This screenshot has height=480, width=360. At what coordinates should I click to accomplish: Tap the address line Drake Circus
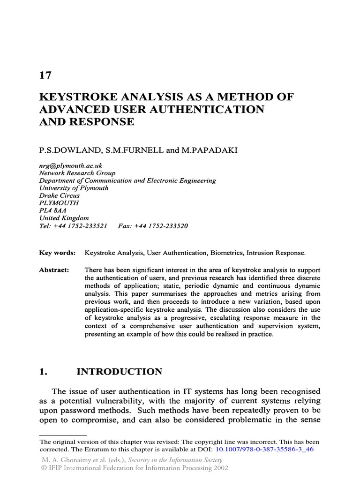[60, 195]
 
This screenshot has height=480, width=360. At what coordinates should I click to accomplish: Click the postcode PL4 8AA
[53, 210]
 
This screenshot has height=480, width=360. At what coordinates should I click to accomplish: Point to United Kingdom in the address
[64, 218]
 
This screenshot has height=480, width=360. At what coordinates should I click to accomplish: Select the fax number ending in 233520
[162, 225]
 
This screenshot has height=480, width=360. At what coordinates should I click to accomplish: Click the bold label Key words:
[57, 253]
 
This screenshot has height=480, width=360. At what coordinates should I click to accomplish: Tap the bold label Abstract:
[54, 270]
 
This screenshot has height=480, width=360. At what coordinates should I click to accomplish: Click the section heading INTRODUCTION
[119, 372]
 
